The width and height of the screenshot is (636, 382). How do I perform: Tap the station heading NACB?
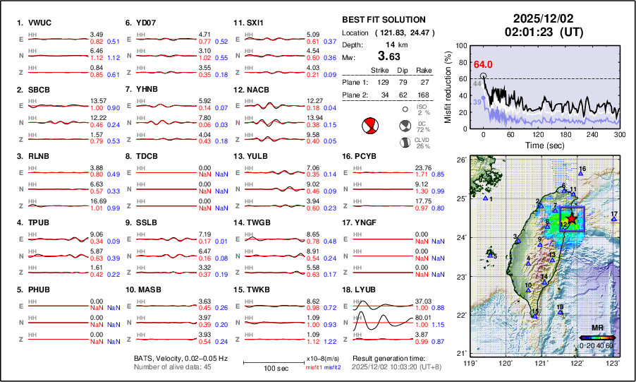tap(257, 90)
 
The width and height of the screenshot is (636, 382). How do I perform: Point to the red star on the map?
tap(573, 219)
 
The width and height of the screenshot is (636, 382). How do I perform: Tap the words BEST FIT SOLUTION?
tap(384, 20)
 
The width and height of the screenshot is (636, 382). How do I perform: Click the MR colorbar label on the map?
tap(597, 328)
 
